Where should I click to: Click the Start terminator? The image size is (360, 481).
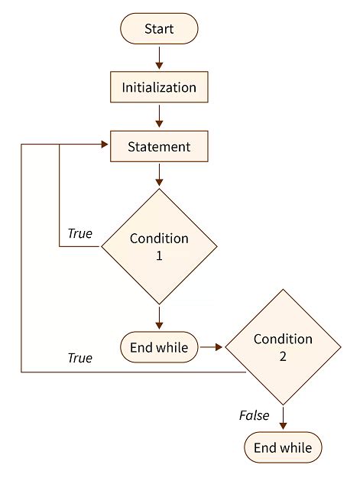(159, 29)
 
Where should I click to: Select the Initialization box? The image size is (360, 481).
(159, 87)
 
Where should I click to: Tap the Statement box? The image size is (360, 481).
(159, 146)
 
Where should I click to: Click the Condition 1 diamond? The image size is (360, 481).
(159, 246)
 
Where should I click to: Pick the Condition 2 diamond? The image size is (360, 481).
(283, 346)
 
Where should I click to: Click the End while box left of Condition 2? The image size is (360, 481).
(159, 347)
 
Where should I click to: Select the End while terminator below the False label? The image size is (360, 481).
(283, 447)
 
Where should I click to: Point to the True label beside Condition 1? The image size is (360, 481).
(79, 233)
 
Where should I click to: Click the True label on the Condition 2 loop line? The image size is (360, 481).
(79, 357)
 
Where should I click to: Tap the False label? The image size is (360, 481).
(255, 415)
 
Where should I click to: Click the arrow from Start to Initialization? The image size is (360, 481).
(159, 57)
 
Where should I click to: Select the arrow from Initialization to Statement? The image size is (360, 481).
(159, 115)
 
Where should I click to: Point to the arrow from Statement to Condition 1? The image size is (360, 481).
(159, 175)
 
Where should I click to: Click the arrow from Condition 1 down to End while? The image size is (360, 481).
(159, 317)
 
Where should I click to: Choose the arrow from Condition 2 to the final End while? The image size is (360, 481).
(283, 418)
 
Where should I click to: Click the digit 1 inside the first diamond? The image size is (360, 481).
(159, 256)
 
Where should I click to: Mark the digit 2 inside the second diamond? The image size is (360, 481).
(283, 356)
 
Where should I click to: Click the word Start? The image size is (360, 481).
(159, 29)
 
